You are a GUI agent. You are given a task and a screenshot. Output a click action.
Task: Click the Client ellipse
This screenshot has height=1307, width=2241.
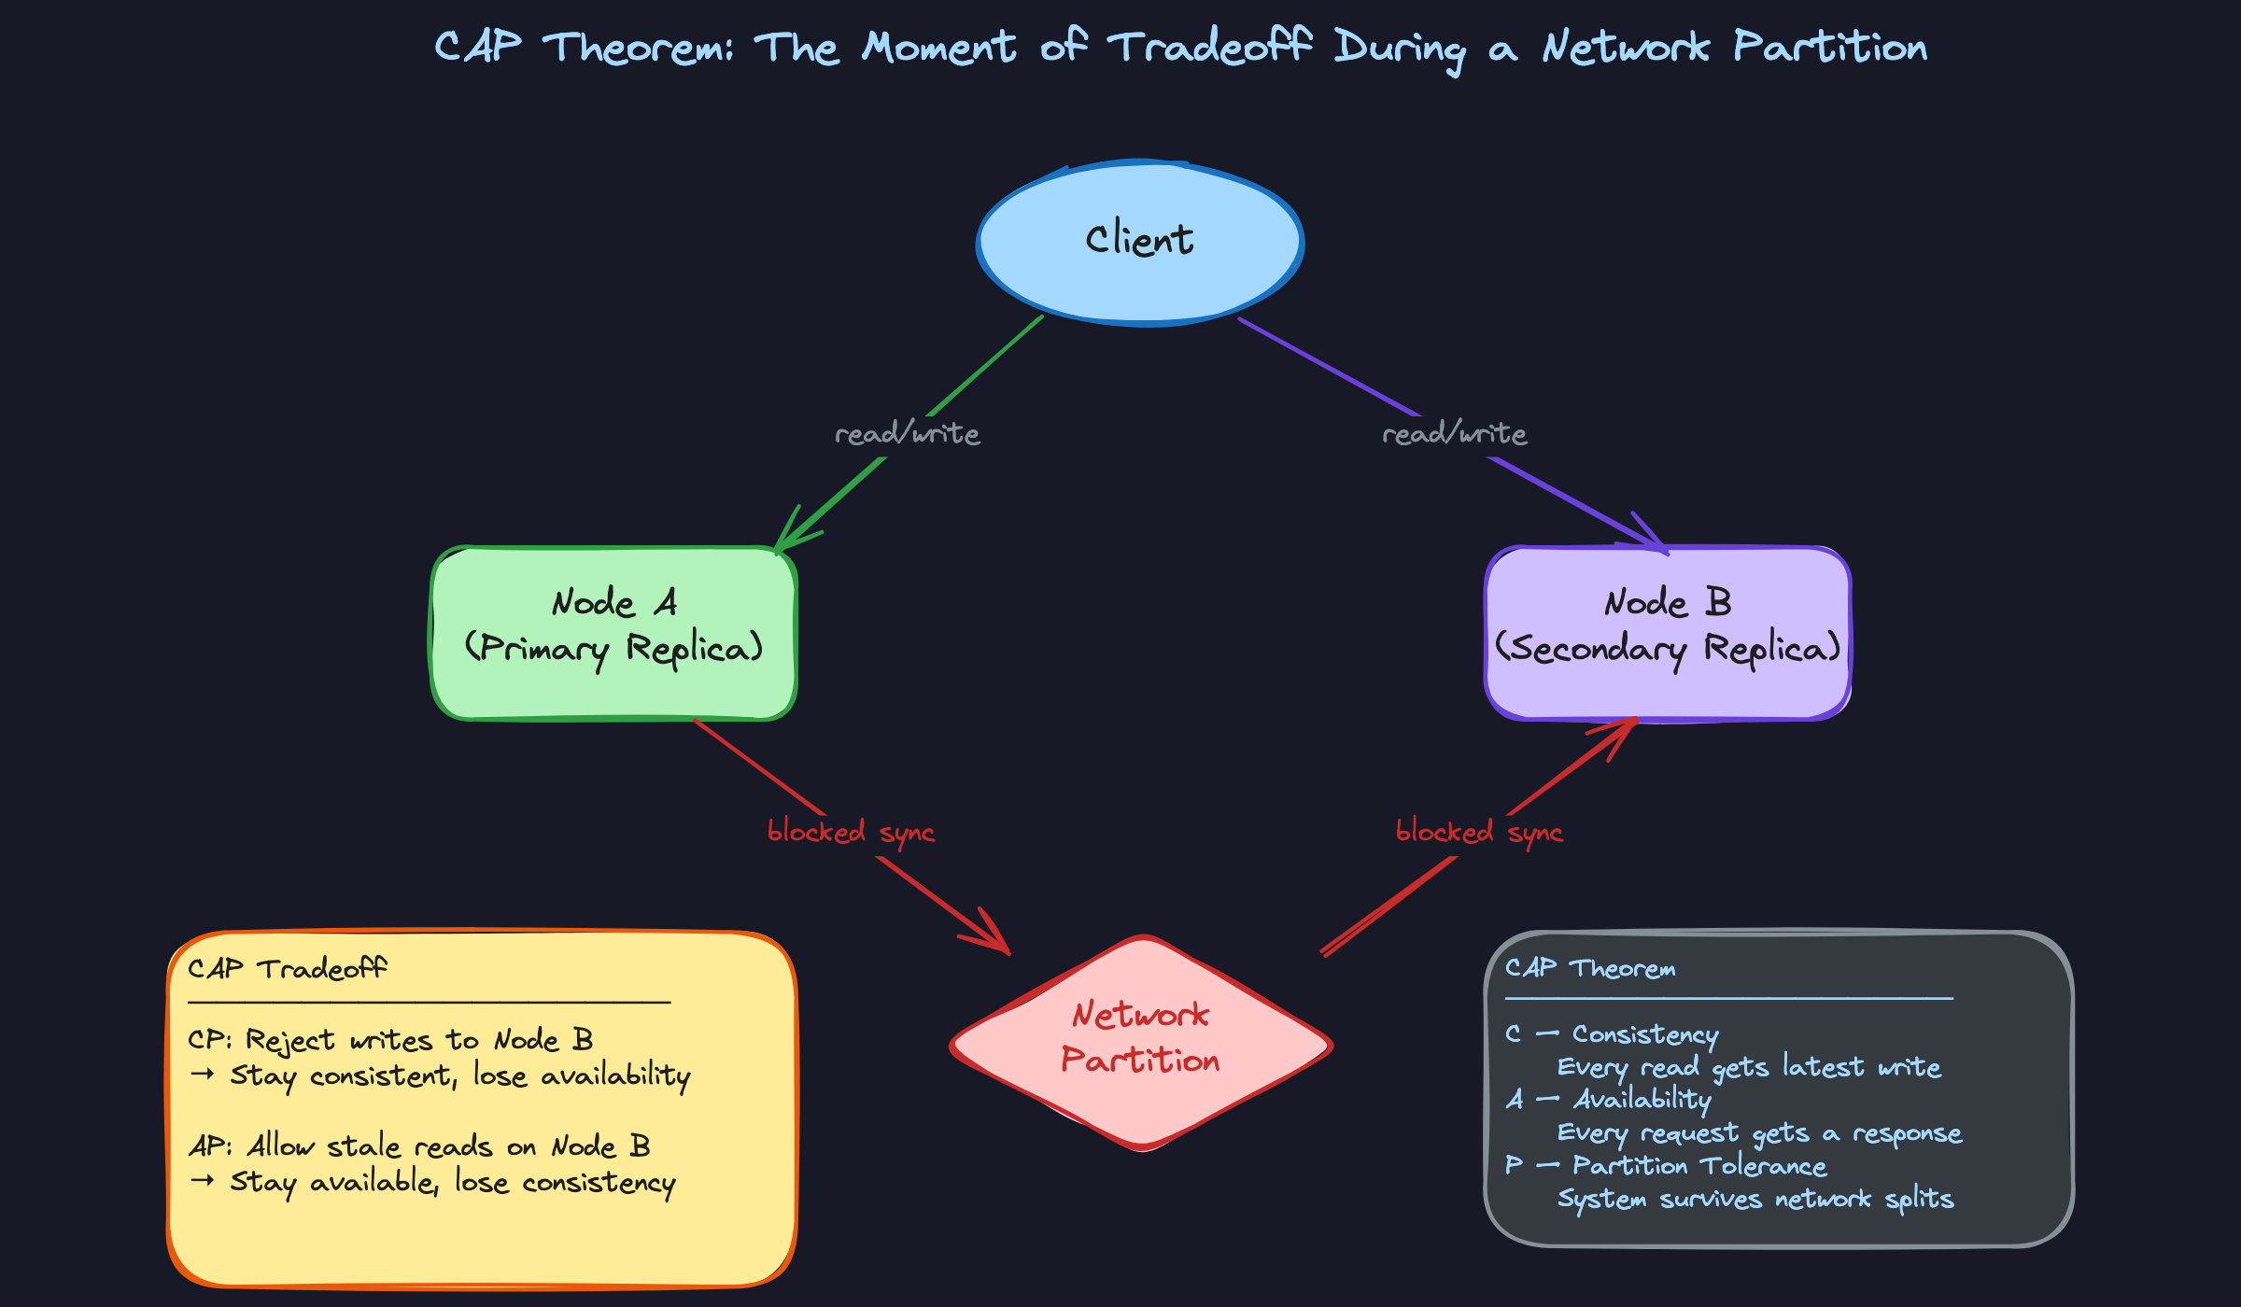click(x=1139, y=243)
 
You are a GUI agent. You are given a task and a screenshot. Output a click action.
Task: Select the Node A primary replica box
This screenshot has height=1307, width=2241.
click(x=613, y=633)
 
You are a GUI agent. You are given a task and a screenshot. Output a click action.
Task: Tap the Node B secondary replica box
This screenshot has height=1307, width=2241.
click(x=1668, y=633)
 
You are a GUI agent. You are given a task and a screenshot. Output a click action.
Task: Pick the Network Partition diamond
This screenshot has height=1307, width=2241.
click(x=1140, y=1041)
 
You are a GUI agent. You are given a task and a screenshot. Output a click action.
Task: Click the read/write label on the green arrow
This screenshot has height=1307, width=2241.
click(x=907, y=434)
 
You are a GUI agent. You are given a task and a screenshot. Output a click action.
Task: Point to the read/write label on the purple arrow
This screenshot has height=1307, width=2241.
click(x=1454, y=434)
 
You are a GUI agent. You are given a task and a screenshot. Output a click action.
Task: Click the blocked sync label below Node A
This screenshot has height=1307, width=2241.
click(x=851, y=832)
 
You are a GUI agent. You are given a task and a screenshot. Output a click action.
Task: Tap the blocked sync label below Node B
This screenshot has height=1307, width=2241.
click(x=1479, y=832)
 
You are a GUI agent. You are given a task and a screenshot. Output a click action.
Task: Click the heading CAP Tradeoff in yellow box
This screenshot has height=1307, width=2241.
click(x=287, y=969)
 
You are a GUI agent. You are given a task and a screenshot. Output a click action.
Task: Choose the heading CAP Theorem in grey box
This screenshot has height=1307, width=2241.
click(x=1590, y=969)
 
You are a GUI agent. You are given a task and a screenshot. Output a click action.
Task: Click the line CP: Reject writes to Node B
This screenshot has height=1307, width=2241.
click(x=390, y=1040)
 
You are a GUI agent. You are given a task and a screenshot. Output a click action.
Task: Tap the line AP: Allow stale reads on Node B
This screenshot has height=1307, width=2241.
click(x=419, y=1146)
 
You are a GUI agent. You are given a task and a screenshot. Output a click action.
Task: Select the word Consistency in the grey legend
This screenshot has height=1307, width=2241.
click(x=1644, y=1034)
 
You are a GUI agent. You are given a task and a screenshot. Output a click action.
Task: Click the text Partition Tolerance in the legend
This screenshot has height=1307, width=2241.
click(x=1699, y=1166)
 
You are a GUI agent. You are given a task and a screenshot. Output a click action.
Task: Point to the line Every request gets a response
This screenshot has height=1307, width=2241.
click(x=1759, y=1133)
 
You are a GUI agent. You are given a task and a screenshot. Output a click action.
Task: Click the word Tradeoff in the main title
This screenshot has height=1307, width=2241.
click(x=1210, y=47)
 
